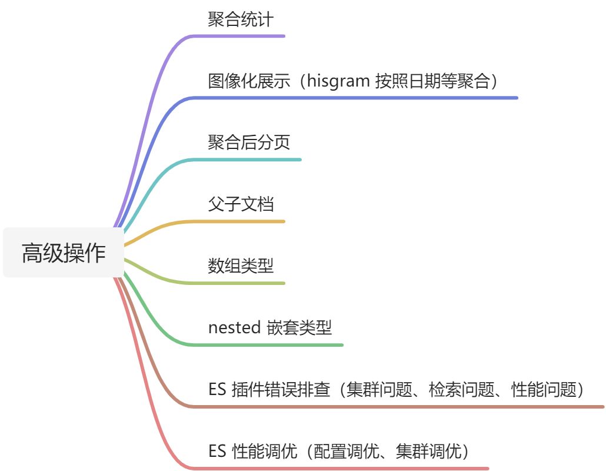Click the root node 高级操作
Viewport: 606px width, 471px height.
click(x=64, y=253)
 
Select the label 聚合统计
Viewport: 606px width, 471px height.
click(x=241, y=19)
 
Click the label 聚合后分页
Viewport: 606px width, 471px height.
click(x=249, y=142)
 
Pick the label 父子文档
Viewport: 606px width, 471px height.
click(x=241, y=204)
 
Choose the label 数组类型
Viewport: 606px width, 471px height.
click(x=241, y=266)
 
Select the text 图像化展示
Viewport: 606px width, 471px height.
click(x=249, y=81)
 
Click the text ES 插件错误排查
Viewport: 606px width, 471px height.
click(x=269, y=390)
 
